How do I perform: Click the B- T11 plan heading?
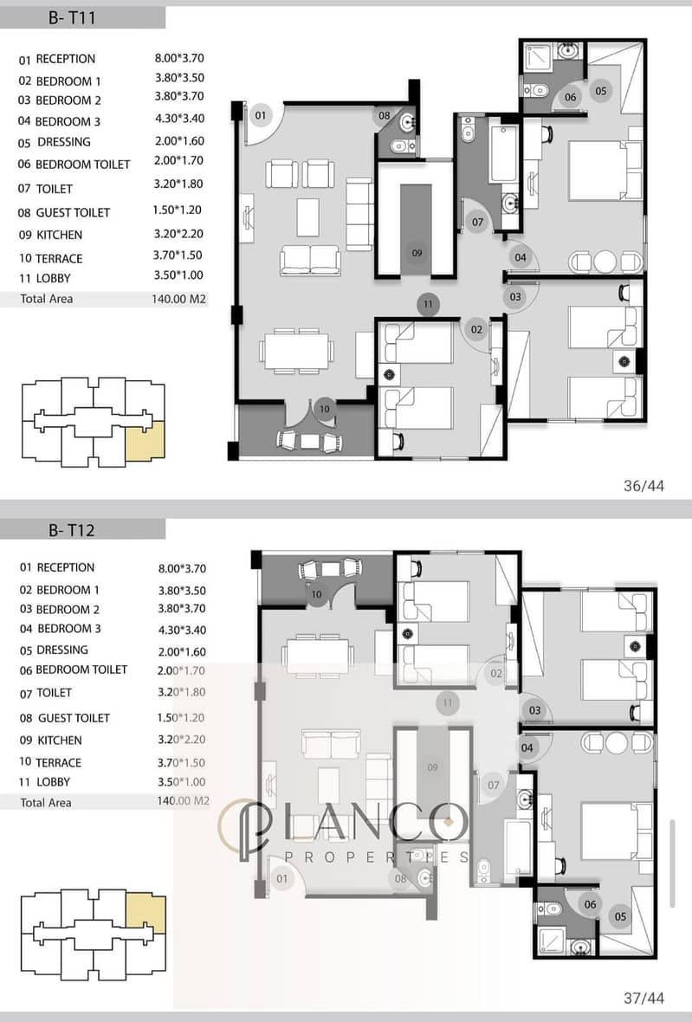click(x=72, y=17)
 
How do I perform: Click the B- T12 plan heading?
click(x=72, y=530)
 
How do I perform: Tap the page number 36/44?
click(x=643, y=486)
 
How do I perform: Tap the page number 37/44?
click(x=643, y=998)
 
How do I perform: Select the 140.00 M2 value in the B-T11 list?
click(x=178, y=299)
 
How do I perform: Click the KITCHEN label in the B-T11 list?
click(x=59, y=235)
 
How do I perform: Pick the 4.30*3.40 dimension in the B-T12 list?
click(x=182, y=631)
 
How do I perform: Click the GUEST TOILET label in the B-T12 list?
click(x=74, y=718)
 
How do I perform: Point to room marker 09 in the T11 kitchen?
click(x=417, y=253)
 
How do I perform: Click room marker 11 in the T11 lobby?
click(x=428, y=304)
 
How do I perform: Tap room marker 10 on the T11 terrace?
click(x=325, y=410)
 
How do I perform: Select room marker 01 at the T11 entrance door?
click(x=261, y=115)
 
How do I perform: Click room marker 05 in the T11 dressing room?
click(x=601, y=91)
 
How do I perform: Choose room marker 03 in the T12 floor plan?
click(x=535, y=710)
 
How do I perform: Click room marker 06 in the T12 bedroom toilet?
click(x=591, y=905)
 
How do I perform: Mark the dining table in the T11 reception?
click(x=296, y=351)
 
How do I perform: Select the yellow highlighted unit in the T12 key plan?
click(x=146, y=913)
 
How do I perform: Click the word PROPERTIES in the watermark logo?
click(x=377, y=857)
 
